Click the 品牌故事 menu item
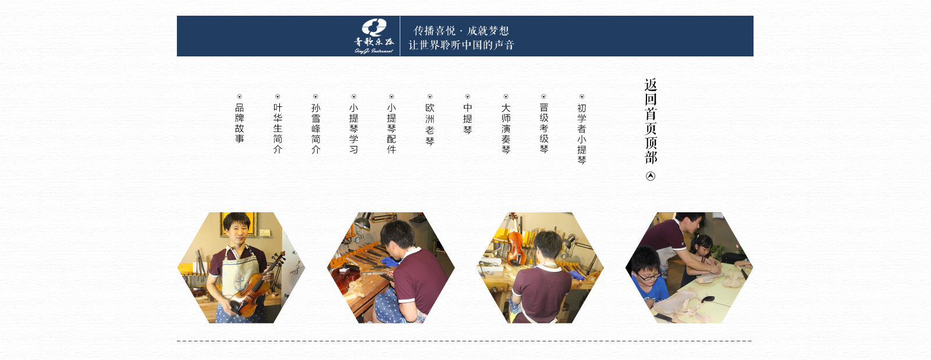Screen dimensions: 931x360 point(239,123)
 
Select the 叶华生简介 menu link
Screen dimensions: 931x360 point(278,129)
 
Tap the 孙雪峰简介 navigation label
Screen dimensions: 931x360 point(315,129)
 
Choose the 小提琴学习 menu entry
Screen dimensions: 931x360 point(354,129)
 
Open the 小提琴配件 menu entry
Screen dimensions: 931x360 point(392,129)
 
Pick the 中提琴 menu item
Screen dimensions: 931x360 point(468,119)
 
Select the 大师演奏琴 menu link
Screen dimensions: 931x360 point(506,129)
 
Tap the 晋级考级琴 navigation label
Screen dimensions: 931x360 point(543,129)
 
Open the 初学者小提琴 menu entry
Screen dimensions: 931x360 point(582,134)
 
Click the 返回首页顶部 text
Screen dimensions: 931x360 point(651,121)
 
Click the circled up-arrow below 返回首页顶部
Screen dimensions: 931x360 point(651,176)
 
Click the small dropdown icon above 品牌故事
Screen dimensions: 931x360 point(239,97)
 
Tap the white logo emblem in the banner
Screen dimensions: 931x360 point(374,27)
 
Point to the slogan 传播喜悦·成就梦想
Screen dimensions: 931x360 point(461,31)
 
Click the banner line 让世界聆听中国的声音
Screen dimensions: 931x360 point(461,45)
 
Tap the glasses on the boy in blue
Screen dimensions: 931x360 point(648,276)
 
